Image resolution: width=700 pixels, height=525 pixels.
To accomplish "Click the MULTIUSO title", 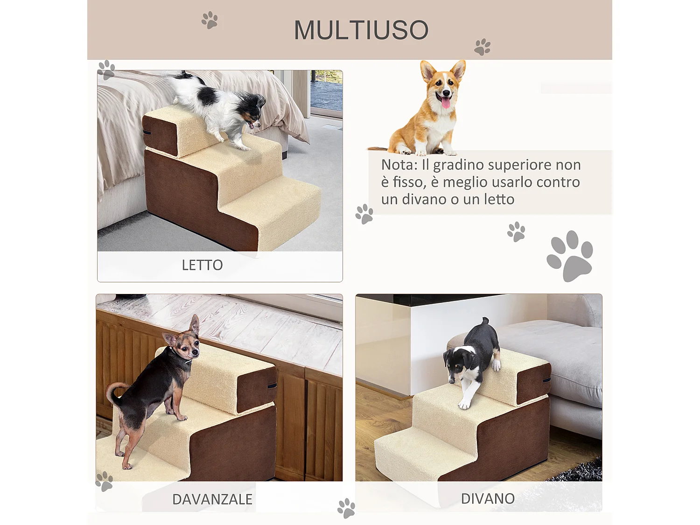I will [361, 30].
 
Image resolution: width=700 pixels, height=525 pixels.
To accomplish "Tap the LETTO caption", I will [202, 265].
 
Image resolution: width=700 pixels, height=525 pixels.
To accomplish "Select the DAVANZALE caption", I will [212, 499].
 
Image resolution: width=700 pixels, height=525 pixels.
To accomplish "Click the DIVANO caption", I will [488, 498].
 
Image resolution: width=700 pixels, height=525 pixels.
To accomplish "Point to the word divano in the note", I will [424, 199].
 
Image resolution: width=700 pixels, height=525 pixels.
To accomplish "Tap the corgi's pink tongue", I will [446, 102].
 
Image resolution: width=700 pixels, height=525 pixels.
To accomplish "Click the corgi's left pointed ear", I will [427, 70].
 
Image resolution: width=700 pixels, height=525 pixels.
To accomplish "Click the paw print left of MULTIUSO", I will [210, 20].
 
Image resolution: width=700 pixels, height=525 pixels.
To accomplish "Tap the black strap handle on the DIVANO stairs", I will [546, 380].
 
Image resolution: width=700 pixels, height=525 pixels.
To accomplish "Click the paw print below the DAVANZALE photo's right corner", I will [346, 508].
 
